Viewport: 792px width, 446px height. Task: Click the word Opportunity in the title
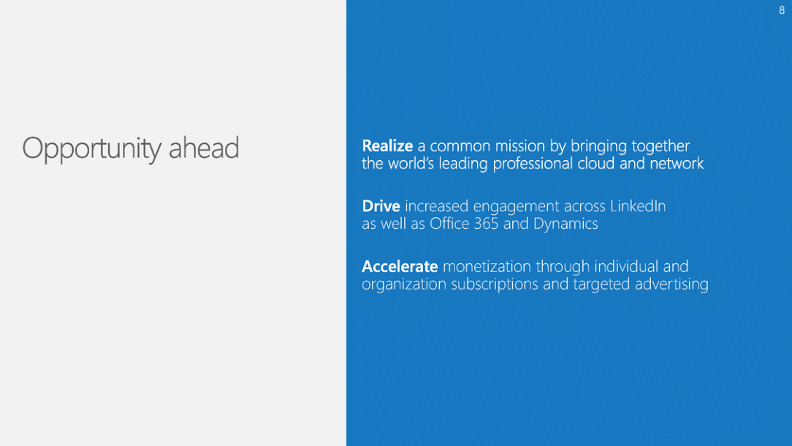click(x=92, y=149)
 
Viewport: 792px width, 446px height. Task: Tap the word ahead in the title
click(x=204, y=147)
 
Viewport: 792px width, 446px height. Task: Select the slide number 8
click(x=781, y=10)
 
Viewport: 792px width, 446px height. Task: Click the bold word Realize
click(x=387, y=145)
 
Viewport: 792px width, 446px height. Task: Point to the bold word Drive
click(x=381, y=205)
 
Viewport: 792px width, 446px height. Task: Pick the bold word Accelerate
click(x=400, y=266)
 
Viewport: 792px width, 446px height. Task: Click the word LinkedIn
click(x=638, y=205)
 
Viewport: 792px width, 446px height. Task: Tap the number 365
click(x=487, y=224)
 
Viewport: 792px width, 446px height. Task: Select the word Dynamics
click(x=566, y=224)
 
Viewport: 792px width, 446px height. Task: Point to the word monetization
click(x=487, y=266)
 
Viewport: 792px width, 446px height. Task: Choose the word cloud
click(x=595, y=163)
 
